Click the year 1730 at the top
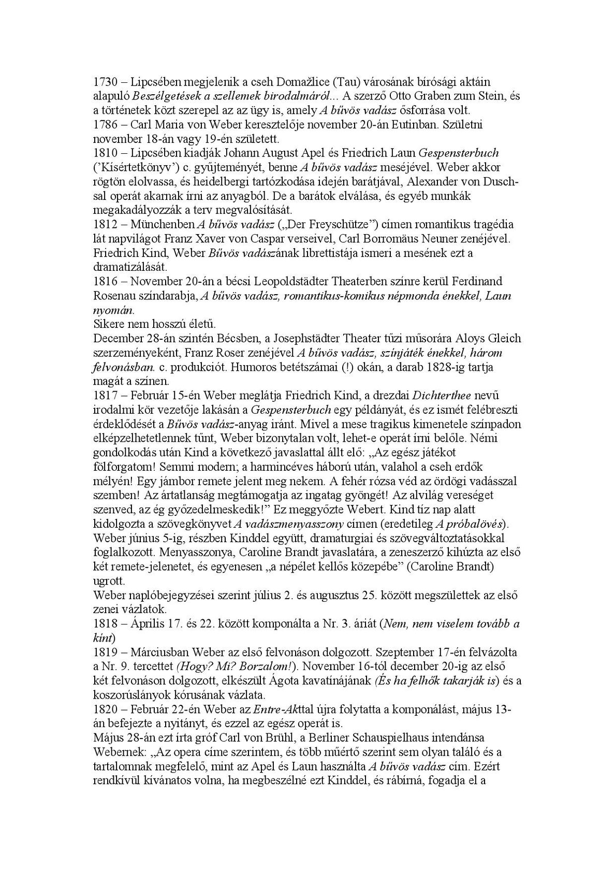tap(106, 82)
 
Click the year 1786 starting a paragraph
tap(106, 125)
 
